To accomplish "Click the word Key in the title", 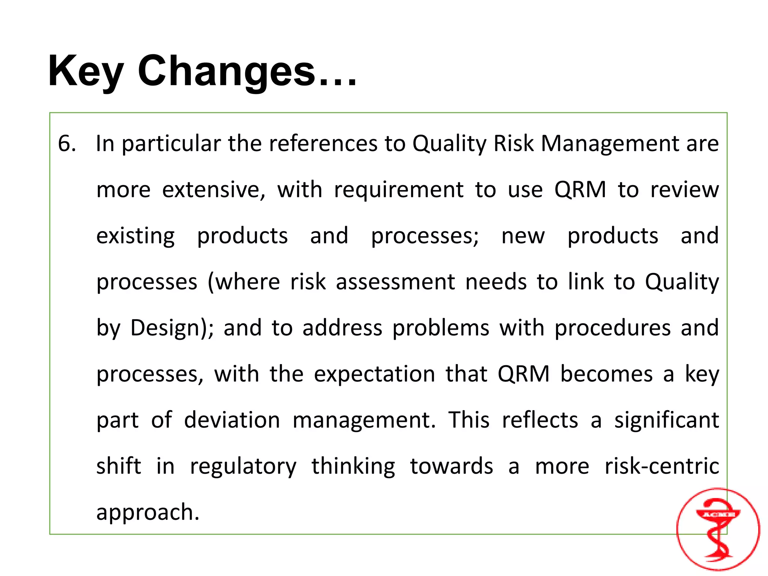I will (x=85, y=71).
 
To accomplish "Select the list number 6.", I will (x=66, y=144).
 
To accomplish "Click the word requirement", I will (x=399, y=190).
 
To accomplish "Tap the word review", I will (x=684, y=190).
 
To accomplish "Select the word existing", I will (x=135, y=236).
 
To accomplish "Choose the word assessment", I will (x=395, y=282).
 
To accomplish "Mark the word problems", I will (x=441, y=328).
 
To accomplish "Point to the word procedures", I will (x=612, y=328).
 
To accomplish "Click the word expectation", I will (x=374, y=374).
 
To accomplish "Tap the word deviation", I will (x=232, y=420).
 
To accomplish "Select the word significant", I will (x=666, y=420).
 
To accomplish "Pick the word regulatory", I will (x=243, y=467).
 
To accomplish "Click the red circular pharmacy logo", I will (x=718, y=529).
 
